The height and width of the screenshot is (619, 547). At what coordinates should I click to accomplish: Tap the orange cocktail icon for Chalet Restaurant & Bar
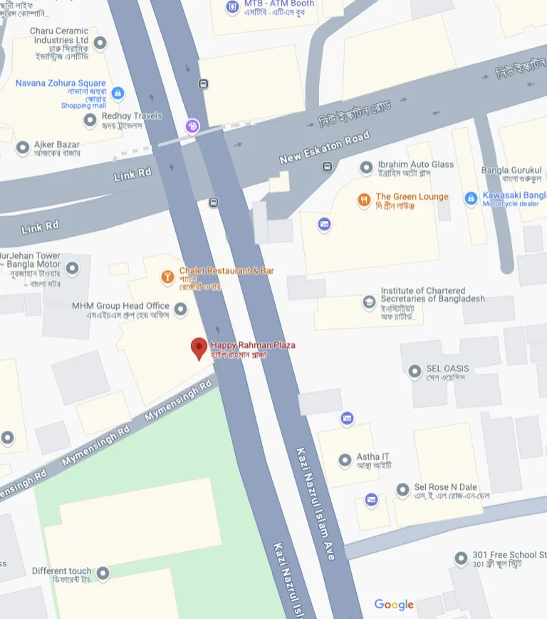click(167, 277)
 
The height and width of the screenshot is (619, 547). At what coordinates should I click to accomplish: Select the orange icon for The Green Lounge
click(364, 200)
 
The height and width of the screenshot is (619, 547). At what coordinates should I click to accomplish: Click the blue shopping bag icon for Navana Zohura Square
click(118, 93)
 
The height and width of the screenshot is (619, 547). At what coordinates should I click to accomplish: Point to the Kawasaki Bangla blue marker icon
click(471, 198)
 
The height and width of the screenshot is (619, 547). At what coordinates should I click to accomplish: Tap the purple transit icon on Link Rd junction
click(192, 127)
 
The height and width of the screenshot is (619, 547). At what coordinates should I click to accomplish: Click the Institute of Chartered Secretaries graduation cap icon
click(369, 302)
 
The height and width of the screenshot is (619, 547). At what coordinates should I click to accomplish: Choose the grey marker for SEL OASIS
click(415, 371)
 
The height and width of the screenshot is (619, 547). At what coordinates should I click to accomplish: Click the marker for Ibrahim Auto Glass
click(366, 168)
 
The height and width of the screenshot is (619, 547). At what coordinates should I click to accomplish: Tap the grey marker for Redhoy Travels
click(90, 120)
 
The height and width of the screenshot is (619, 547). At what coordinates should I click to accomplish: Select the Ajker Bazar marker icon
click(22, 148)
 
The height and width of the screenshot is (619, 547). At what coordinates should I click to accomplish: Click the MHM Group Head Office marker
click(181, 309)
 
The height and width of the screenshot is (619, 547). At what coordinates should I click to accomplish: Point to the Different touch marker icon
click(103, 573)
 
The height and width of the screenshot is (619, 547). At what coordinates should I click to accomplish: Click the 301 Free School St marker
click(460, 558)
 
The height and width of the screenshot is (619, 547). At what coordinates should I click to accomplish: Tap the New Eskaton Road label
click(325, 147)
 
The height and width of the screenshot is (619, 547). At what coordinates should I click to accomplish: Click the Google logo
click(394, 605)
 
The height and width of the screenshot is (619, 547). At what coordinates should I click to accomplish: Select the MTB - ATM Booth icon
click(231, 7)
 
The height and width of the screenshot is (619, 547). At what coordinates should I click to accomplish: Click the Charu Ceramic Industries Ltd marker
click(100, 43)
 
